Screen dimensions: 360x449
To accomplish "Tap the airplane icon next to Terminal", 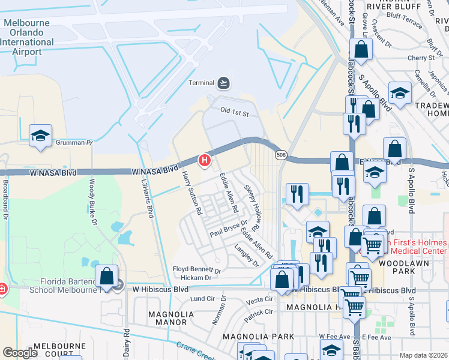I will tap(224, 82).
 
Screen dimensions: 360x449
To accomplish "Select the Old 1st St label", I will tap(234, 112).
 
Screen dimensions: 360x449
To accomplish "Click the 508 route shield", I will tap(280, 155).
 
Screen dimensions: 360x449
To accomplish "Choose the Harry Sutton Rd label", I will tap(190, 193).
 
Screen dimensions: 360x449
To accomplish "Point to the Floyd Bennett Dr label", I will tap(197, 270).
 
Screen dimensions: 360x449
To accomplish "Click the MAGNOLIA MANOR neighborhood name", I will tap(170, 318).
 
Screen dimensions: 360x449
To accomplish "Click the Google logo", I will tap(20, 353).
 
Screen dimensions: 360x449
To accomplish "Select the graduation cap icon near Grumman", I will tap(40, 135).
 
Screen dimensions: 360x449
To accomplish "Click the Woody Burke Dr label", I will tap(93, 201).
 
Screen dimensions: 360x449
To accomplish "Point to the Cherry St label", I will tap(420, 58).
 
